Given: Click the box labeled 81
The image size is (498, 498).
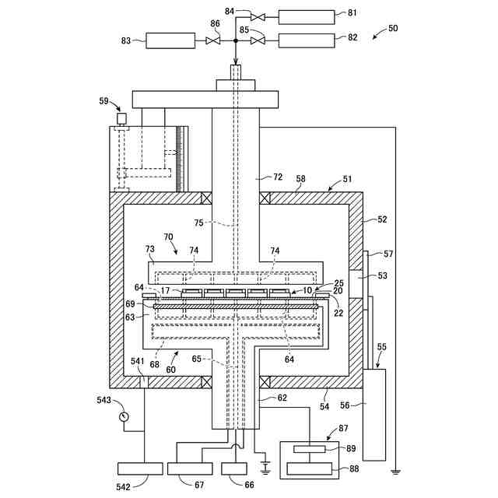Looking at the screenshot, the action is pyautogui.click(x=307, y=17).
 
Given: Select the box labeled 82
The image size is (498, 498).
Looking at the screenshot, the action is pyautogui.click(x=307, y=40).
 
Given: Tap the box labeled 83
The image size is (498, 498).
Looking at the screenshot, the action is pyautogui.click(x=170, y=40).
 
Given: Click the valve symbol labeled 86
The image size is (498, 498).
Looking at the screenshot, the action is pyautogui.click(x=212, y=40).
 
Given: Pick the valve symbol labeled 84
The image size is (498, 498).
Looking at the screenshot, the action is pyautogui.click(x=258, y=17).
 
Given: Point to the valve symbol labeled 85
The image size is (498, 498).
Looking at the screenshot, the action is pyautogui.click(x=258, y=40).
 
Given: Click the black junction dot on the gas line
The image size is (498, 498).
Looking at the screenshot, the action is pyautogui.click(x=236, y=40).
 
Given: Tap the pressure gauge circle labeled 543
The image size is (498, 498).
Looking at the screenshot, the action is pyautogui.click(x=124, y=416).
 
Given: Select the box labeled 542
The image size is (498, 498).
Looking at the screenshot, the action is pyautogui.click(x=140, y=468).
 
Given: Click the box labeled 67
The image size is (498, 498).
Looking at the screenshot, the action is pyautogui.click(x=190, y=468).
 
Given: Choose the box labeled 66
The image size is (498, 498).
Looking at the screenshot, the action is pyautogui.click(x=234, y=468).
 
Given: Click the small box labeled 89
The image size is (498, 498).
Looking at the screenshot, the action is pyautogui.click(x=310, y=449).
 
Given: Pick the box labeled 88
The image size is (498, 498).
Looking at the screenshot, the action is pyautogui.click(x=310, y=468).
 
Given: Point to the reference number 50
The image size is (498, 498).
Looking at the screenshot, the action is pyautogui.click(x=393, y=28).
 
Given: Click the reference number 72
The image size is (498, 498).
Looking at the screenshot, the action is pyautogui.click(x=278, y=177).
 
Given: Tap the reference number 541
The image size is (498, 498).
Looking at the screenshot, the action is pyautogui.click(x=138, y=361).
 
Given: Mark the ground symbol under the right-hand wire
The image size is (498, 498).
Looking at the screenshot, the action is pyautogui.click(x=395, y=472).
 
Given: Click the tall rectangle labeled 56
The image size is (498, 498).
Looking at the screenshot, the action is pyautogui.click(x=374, y=415).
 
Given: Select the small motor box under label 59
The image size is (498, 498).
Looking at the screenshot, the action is pyautogui.click(x=121, y=118).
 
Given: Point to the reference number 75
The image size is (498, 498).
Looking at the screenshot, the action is pyautogui.click(x=198, y=223).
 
